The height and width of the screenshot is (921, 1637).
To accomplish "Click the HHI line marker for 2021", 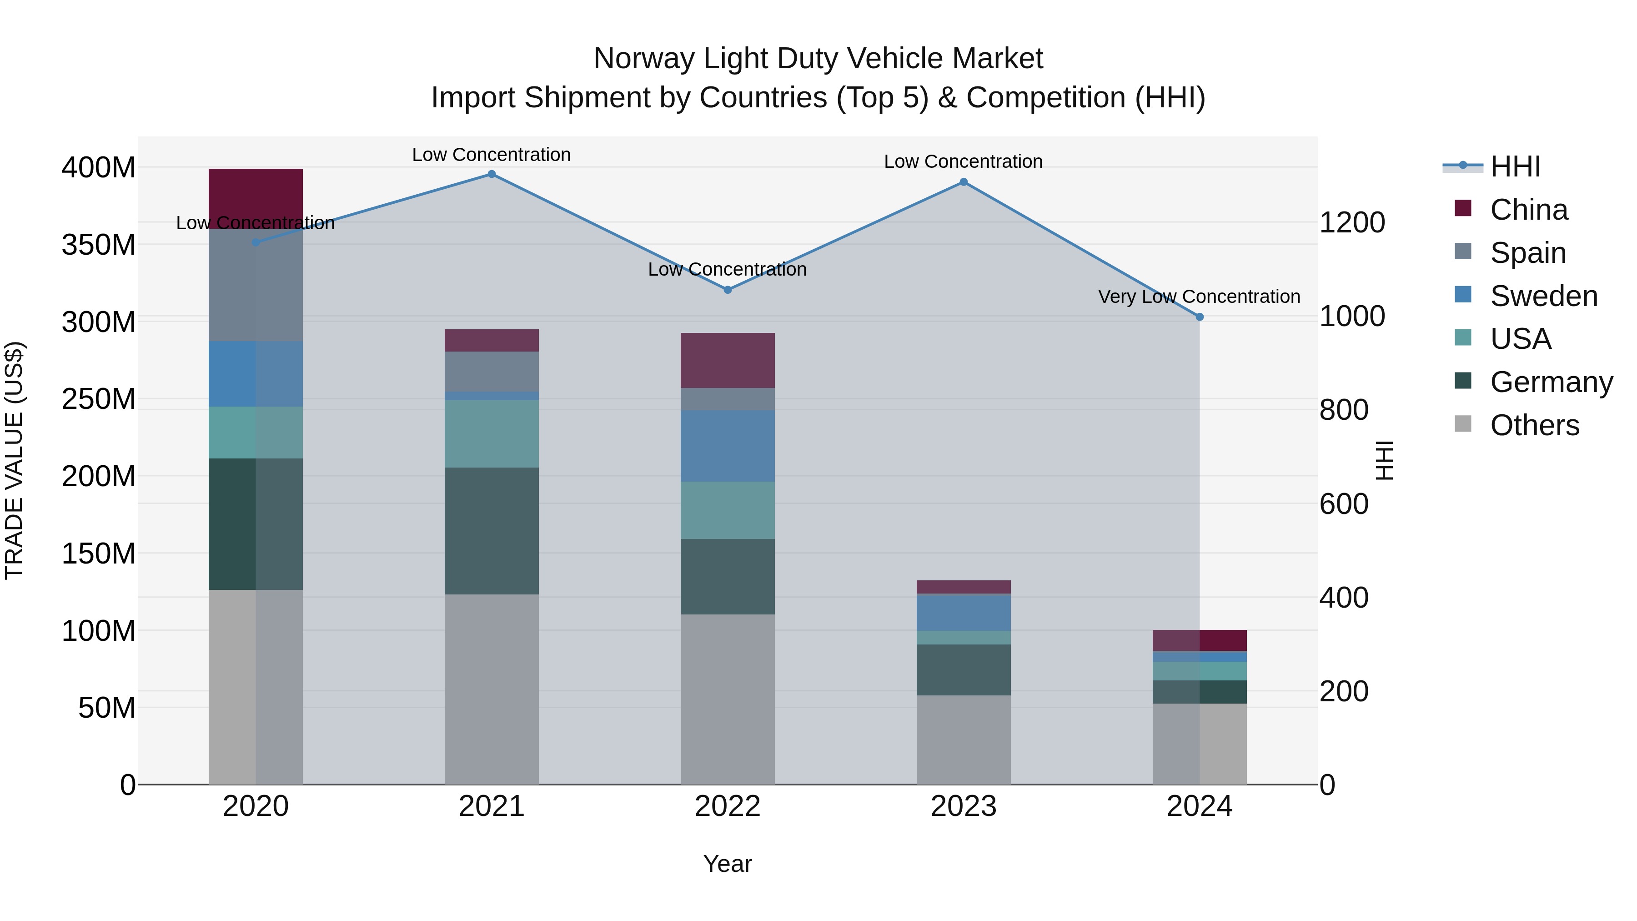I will click(491, 174).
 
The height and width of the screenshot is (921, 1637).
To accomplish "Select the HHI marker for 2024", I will click(1199, 317).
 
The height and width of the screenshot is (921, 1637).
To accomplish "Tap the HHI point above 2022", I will click(728, 290).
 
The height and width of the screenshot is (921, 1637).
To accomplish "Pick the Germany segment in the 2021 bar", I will click(491, 531).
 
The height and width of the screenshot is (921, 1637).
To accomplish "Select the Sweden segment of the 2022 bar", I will click(728, 446).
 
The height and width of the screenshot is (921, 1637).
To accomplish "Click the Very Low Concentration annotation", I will click(1199, 297).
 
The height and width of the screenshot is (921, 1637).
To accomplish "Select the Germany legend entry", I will click(1551, 382).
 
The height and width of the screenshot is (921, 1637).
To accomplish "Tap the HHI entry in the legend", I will click(1515, 166).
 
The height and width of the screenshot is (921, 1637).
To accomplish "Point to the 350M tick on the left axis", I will click(99, 245).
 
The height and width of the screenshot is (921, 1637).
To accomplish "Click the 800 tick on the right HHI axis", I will click(1343, 410).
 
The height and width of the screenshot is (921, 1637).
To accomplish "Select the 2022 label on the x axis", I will click(728, 806).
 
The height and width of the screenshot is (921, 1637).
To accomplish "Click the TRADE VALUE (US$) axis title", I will click(14, 460).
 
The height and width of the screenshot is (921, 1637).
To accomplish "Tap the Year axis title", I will click(727, 864).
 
